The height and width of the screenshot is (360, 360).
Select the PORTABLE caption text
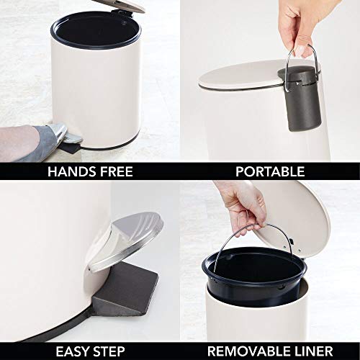click(x=270, y=171)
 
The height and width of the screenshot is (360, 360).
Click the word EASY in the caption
click(x=75, y=351)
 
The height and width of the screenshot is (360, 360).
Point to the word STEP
click(x=115, y=351)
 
